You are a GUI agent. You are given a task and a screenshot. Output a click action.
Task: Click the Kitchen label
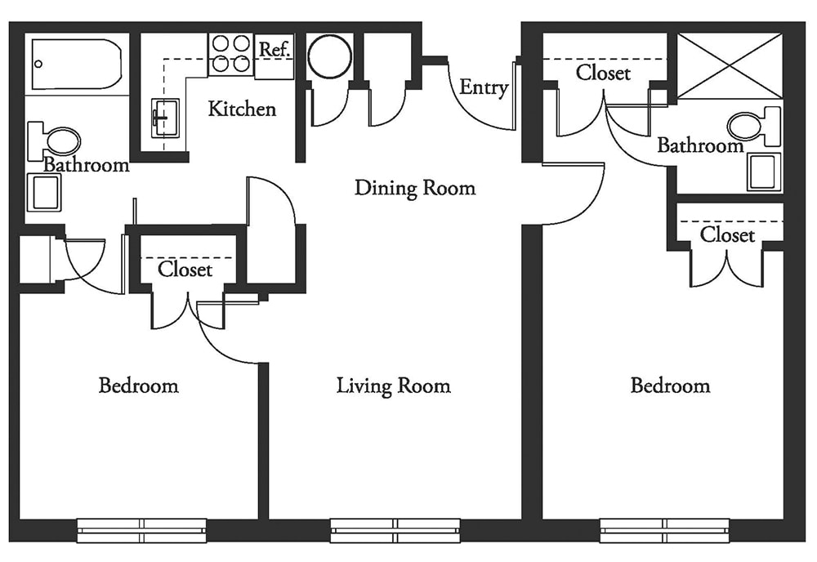242,109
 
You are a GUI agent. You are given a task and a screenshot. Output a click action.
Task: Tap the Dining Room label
415,188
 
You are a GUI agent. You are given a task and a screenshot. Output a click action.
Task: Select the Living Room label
394,386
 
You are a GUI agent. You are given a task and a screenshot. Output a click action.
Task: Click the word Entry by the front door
484,87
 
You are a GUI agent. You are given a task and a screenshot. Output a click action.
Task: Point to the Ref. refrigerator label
274,50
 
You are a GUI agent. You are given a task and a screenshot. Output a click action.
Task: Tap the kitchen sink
165,118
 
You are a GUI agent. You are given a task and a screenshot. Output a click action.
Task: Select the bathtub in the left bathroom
77,64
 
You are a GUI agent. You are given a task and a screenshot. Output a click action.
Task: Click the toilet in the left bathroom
54,140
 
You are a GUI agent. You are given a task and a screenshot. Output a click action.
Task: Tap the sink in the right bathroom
765,172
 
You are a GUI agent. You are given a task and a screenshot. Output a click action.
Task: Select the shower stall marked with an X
730,65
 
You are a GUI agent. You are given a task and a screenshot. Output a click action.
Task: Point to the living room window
395,530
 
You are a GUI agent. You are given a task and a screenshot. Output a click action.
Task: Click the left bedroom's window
141,530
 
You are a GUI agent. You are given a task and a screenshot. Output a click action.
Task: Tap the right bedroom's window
665,530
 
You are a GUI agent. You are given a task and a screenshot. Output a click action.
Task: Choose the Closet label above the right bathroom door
603,73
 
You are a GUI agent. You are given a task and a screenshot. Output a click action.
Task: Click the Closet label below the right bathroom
727,235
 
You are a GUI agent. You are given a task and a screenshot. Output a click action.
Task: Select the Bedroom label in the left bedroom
139,386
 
